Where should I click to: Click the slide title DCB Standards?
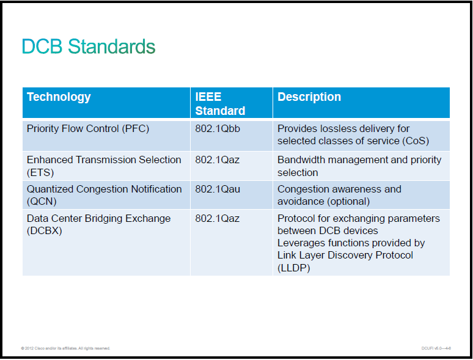click(89, 46)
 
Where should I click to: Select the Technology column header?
click(59, 97)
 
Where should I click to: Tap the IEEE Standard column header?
click(220, 104)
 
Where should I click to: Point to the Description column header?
click(309, 97)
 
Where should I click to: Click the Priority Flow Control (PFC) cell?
click(88, 129)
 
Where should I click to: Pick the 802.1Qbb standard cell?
click(218, 129)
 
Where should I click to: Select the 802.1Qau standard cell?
click(218, 189)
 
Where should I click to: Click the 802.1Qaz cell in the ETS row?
click(217, 160)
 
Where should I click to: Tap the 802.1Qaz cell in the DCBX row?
click(217, 218)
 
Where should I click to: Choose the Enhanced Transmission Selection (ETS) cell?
click(104, 166)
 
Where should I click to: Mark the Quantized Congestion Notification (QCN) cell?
click(105, 195)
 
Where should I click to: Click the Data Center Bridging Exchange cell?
click(98, 224)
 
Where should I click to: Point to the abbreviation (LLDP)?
click(294, 268)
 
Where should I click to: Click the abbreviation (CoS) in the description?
click(416, 141)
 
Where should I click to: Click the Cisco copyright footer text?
click(65, 348)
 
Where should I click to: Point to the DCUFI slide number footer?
click(436, 348)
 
